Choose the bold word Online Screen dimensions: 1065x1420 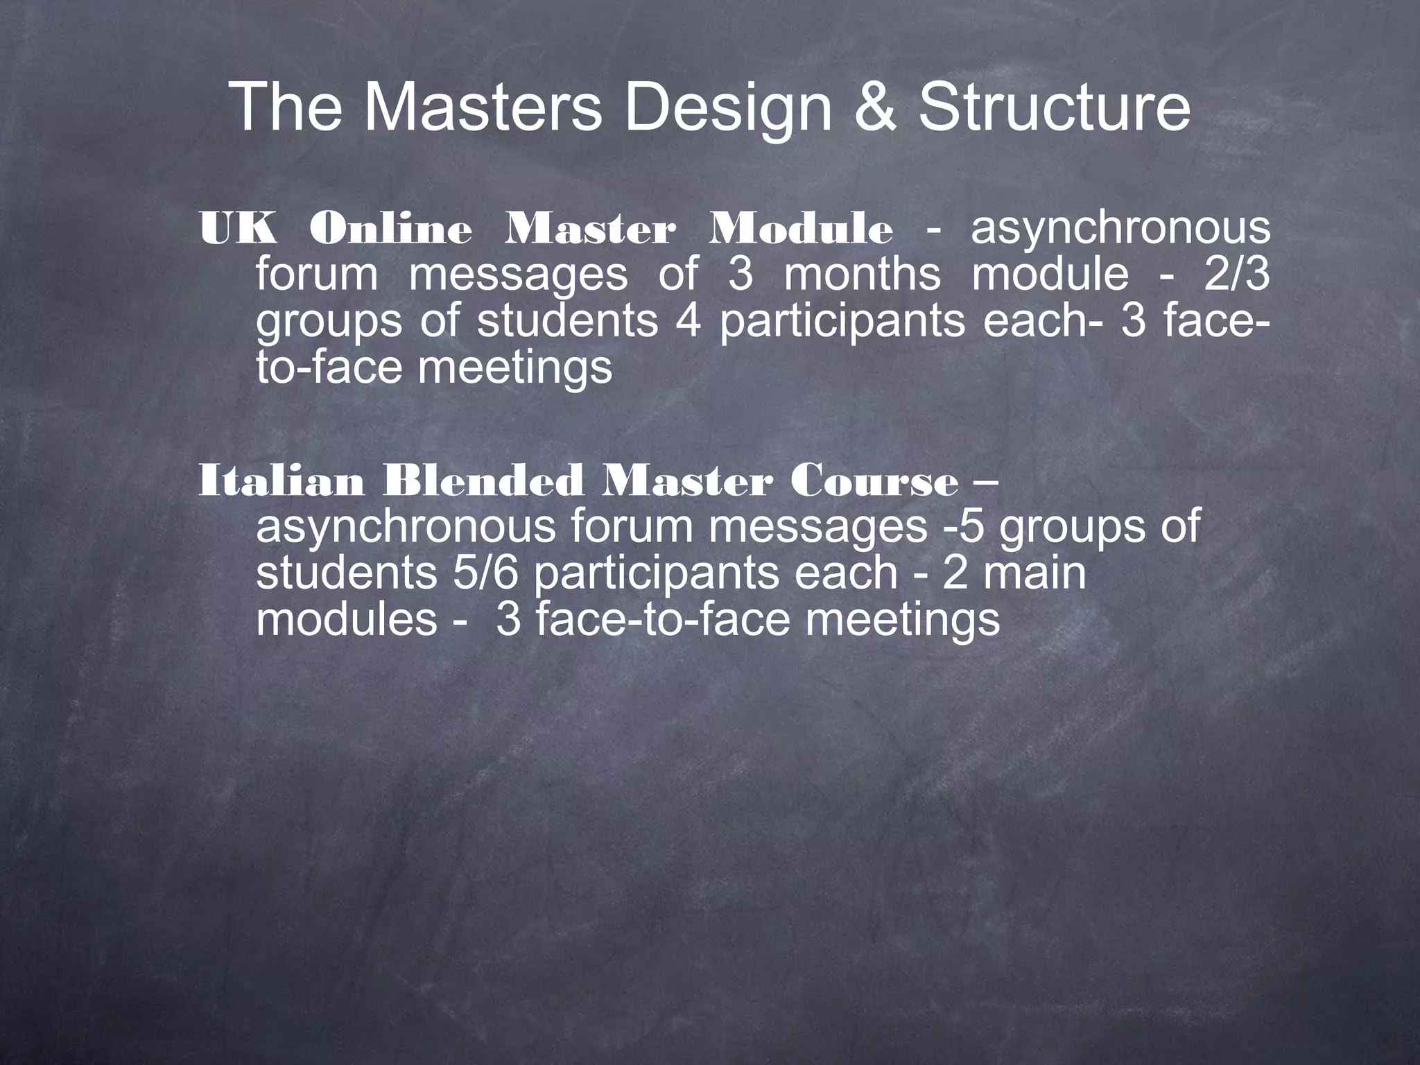click(390, 229)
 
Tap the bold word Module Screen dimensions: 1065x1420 click(800, 229)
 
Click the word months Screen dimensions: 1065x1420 click(863, 275)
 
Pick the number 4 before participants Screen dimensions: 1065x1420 click(689, 320)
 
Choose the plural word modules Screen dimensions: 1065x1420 click(347, 619)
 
